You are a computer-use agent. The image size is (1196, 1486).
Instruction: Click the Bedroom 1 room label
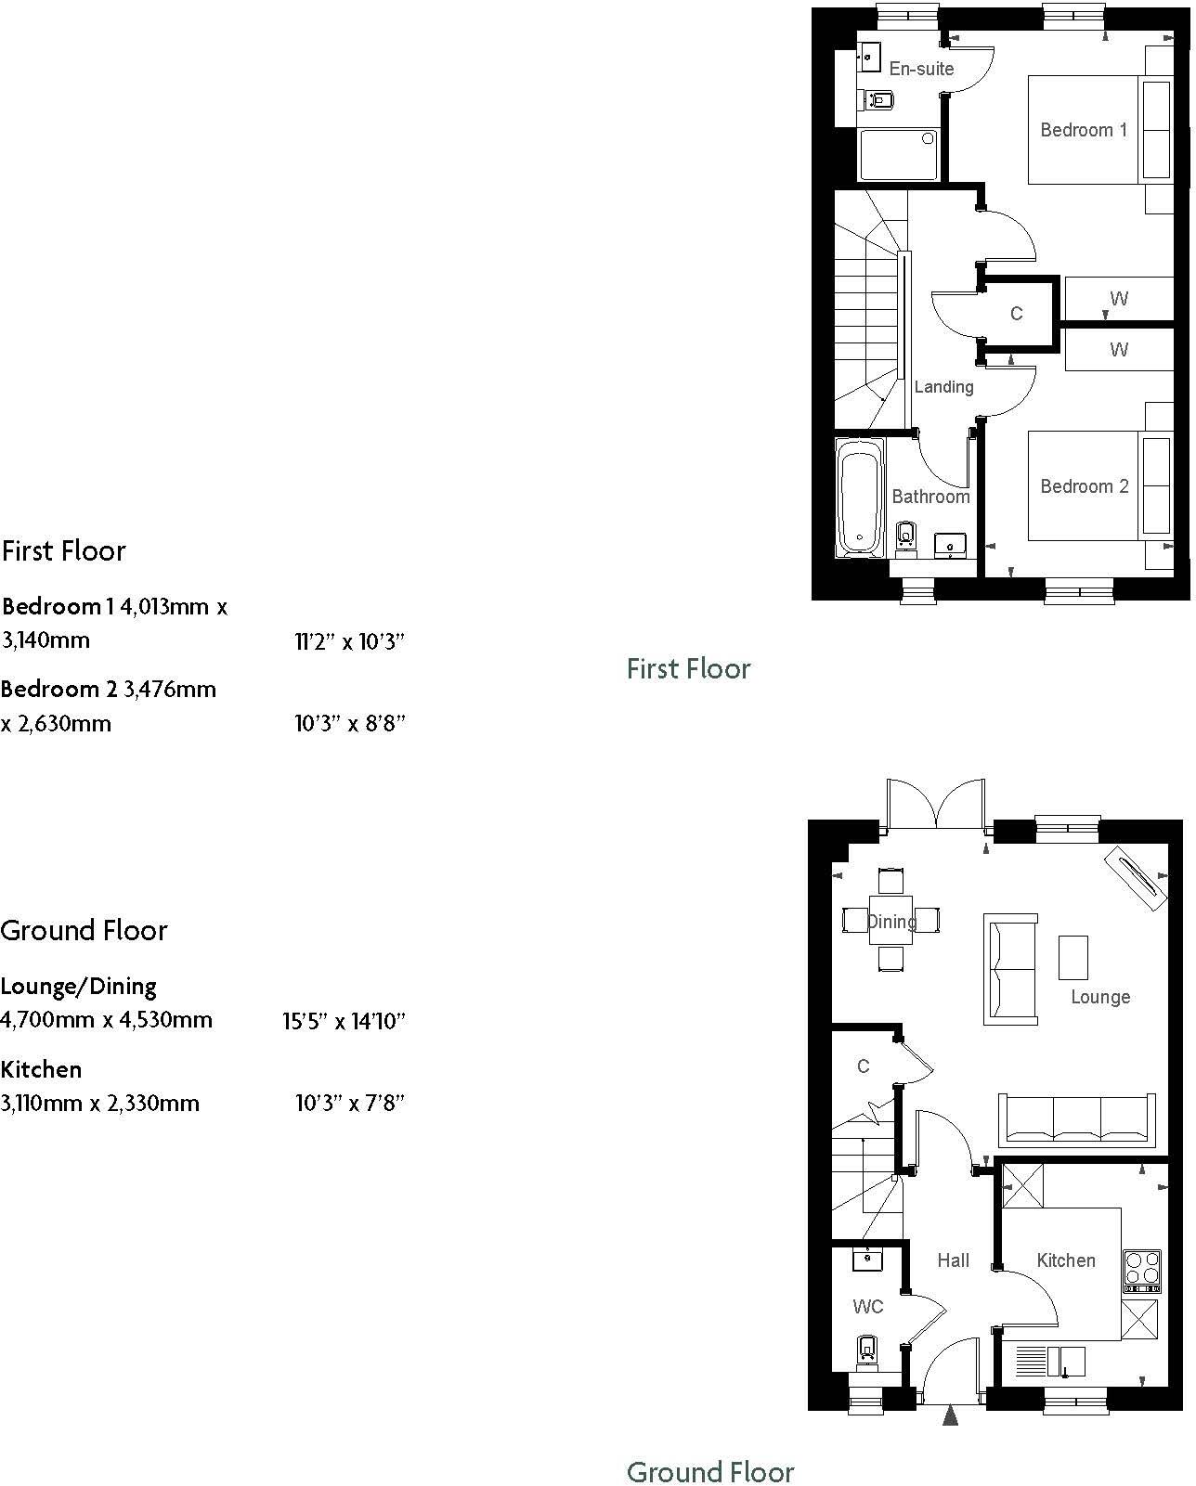[1083, 130]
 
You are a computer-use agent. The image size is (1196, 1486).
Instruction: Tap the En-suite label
[920, 69]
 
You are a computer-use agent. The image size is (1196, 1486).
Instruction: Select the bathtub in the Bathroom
[861, 498]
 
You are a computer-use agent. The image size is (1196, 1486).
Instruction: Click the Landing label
[943, 387]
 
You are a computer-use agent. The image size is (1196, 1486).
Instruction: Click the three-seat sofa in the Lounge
[1078, 1119]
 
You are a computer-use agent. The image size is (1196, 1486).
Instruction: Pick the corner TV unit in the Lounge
[1135, 877]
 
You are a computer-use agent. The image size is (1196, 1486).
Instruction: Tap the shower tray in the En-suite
[898, 155]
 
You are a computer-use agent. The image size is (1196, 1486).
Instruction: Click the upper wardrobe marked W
[1118, 299]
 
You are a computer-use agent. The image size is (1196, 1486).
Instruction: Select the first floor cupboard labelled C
[1016, 314]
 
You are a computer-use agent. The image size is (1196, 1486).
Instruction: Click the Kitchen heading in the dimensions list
[42, 1070]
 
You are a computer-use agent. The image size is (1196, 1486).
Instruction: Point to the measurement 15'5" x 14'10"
[344, 1022]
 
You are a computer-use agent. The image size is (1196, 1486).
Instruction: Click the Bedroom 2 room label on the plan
[1084, 486]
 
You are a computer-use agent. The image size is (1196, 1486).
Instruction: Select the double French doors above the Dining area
[935, 805]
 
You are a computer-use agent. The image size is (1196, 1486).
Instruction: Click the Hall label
[953, 1260]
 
